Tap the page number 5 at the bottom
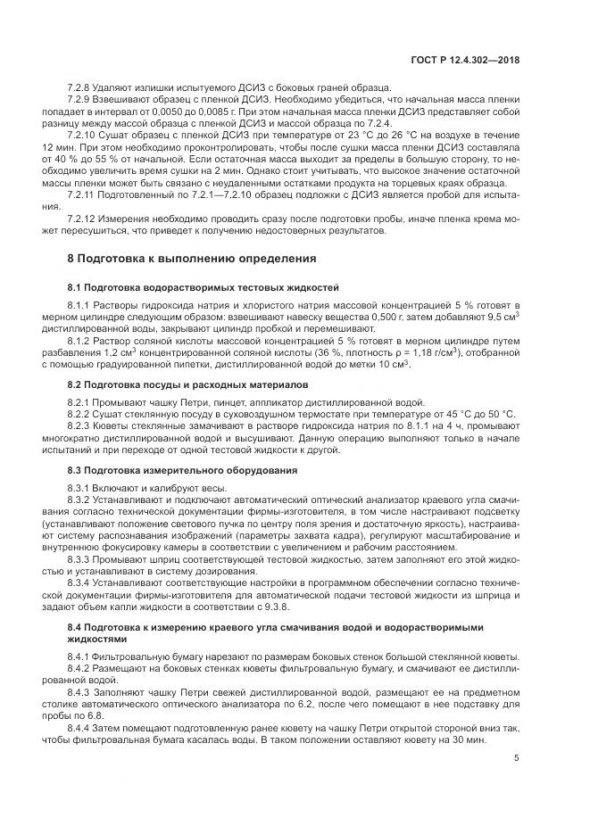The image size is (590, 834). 517,760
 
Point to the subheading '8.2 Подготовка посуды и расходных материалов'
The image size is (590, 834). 187,384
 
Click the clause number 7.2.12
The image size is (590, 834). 84,219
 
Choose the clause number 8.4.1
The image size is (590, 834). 79,657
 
